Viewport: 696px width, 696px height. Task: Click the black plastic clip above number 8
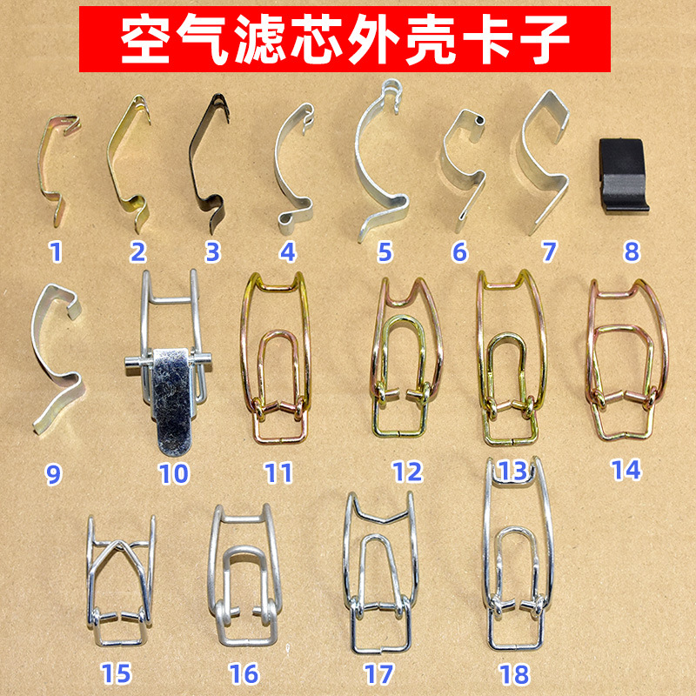(x=622, y=176)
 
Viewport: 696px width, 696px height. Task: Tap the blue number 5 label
(x=385, y=252)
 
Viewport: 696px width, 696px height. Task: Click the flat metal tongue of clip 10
(x=173, y=402)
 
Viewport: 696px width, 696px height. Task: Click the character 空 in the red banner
(x=145, y=39)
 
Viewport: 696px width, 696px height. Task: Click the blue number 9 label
(x=53, y=474)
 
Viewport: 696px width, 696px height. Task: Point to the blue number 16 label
(x=244, y=673)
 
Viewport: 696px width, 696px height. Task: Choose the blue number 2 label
(x=138, y=252)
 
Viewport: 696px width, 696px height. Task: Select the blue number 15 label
(x=117, y=673)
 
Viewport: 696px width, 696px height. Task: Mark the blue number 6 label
(x=459, y=252)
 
